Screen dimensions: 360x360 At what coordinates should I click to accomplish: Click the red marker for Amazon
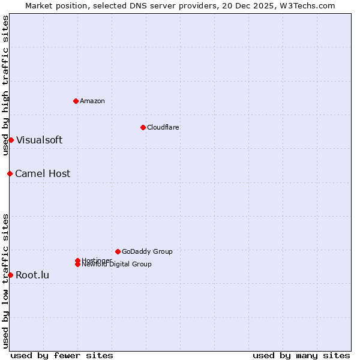click(x=76, y=101)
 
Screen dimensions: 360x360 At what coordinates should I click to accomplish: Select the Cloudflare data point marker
click(x=143, y=127)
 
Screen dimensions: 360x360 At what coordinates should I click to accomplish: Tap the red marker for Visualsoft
click(x=11, y=140)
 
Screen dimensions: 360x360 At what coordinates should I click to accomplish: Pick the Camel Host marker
click(x=10, y=173)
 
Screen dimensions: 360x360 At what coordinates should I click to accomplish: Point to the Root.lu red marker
click(x=10, y=275)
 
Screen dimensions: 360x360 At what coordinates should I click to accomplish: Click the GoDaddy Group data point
click(x=118, y=251)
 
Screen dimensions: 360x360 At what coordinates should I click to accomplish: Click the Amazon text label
click(x=92, y=101)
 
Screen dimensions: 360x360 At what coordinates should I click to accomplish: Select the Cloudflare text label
click(x=163, y=127)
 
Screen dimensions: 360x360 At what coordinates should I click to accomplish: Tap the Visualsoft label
click(x=39, y=140)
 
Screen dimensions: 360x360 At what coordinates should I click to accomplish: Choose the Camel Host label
click(x=43, y=173)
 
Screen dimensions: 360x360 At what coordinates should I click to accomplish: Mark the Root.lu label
click(x=32, y=275)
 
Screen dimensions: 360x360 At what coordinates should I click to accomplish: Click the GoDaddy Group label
click(x=147, y=251)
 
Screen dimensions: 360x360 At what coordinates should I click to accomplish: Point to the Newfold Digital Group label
click(x=116, y=265)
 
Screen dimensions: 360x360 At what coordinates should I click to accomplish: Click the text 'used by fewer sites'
click(x=62, y=355)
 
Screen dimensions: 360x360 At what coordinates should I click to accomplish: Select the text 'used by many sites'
click(x=301, y=355)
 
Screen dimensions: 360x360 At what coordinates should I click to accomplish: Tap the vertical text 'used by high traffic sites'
click(x=5, y=85)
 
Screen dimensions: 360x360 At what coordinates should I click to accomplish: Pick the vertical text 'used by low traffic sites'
click(x=5, y=280)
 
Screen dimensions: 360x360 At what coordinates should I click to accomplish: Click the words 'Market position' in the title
click(x=52, y=5)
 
